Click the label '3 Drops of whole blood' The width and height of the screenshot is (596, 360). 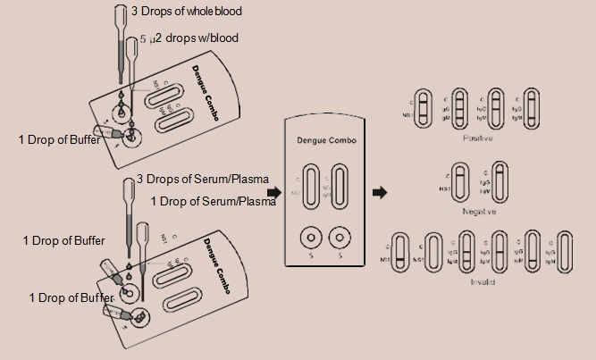(186, 12)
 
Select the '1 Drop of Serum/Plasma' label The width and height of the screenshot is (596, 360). (213, 201)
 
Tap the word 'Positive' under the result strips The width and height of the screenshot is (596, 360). (479, 138)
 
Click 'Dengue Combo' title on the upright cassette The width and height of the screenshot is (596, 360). (323, 142)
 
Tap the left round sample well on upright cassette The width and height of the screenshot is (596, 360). (310, 239)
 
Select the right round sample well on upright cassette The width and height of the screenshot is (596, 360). (338, 239)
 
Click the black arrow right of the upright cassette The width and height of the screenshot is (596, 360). (380, 192)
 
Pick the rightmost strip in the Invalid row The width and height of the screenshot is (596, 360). (564, 253)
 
